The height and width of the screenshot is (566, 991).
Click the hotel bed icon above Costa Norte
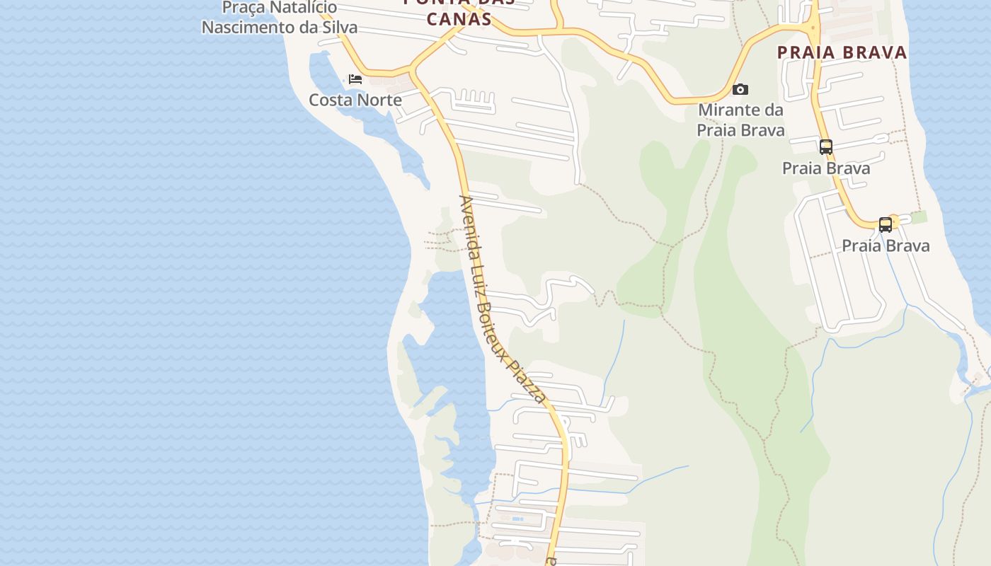pos(355,79)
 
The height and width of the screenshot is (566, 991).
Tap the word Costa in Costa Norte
pos(331,100)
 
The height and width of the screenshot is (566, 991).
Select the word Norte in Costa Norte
pos(378,100)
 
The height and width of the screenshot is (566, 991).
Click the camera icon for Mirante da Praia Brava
pos(740,89)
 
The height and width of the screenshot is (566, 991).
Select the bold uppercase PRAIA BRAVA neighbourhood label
pos(842,52)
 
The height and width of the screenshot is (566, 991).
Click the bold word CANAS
pos(459,18)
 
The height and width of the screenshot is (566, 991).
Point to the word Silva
pos(338,28)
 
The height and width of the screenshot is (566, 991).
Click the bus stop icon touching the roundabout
pos(885,225)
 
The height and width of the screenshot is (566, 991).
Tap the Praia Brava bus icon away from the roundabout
pos(825,147)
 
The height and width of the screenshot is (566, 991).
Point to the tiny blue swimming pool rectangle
pos(517,519)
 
